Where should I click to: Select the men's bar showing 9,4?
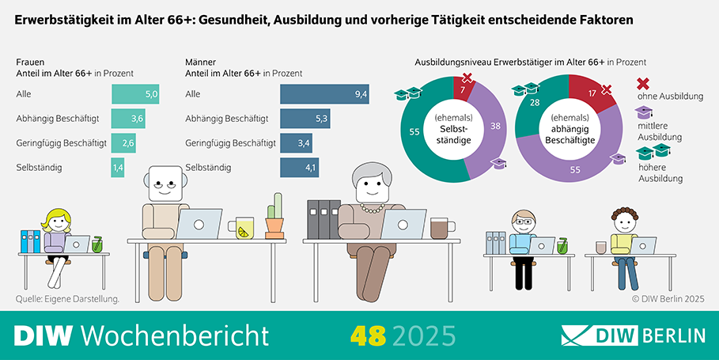point(325,95)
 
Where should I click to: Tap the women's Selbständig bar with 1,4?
point(118,168)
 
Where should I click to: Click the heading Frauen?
point(30,62)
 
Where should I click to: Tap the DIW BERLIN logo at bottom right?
point(632,335)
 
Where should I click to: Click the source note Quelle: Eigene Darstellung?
point(67,299)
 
